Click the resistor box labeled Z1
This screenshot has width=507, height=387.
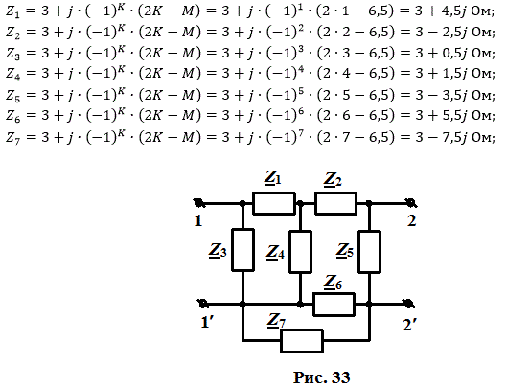(274, 203)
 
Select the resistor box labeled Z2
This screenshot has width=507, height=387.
(336, 203)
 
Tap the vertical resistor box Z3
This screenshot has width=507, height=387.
(242, 250)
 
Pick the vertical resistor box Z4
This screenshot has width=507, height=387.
(300, 252)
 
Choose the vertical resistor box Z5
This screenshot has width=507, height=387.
(369, 252)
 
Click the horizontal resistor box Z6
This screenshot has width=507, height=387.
(334, 305)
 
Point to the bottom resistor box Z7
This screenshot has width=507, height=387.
(302, 341)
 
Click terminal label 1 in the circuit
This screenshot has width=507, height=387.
(198, 221)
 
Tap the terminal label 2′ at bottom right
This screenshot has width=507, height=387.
(409, 325)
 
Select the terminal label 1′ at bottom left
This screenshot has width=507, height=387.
(207, 322)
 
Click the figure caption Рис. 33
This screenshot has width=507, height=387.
(321, 377)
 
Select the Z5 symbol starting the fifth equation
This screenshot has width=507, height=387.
(13, 96)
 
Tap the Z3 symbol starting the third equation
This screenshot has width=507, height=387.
(13, 54)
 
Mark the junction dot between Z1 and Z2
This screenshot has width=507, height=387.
(300, 203)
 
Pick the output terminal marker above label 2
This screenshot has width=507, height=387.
(411, 203)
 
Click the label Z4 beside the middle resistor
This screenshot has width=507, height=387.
(275, 253)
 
